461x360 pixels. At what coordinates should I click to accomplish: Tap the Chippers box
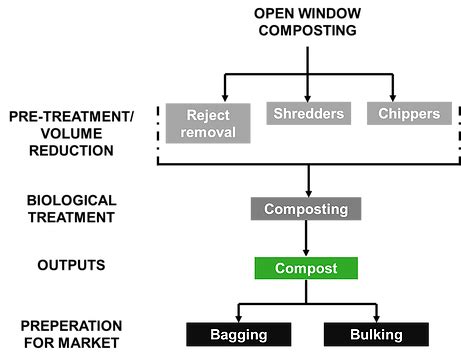409,114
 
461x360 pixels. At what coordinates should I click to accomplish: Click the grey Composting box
305,210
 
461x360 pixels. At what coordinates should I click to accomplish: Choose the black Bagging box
238,334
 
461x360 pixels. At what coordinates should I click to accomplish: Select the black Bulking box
375,334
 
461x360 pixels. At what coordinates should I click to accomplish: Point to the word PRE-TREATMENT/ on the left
71,117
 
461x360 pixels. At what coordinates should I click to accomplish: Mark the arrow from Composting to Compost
305,240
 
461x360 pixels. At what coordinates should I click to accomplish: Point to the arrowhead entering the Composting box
305,192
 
